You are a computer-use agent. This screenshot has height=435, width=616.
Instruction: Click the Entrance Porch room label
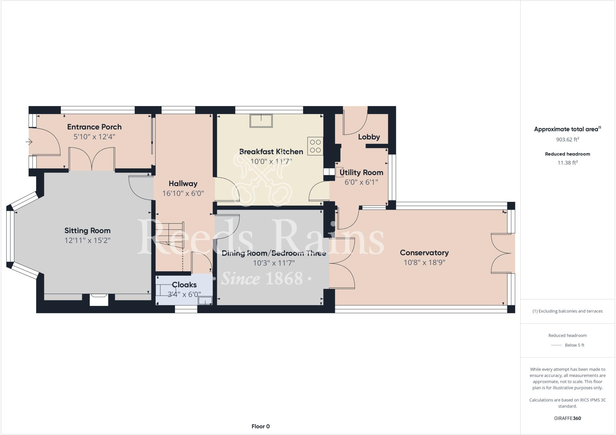point(94,127)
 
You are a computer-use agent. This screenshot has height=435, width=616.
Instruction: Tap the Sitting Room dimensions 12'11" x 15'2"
point(88,240)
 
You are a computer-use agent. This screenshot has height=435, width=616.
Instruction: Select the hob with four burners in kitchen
point(315,146)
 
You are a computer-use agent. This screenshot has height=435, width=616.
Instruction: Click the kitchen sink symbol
point(261,121)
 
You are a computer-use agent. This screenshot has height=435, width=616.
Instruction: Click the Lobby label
point(369,137)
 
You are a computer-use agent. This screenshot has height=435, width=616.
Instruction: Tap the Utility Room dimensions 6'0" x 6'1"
point(361,182)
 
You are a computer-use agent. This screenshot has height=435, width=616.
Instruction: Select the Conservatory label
point(424,253)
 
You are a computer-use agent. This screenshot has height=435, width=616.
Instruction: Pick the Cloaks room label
point(184,285)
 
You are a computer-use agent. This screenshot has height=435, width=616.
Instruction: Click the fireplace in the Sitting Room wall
point(99,300)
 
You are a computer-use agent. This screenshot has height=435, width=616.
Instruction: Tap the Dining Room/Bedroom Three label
point(274,253)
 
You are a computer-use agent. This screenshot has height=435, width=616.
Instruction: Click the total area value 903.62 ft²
point(568,139)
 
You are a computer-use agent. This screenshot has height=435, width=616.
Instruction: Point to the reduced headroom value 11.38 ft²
point(568,163)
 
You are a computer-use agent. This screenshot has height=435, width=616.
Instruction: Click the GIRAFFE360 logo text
point(568,418)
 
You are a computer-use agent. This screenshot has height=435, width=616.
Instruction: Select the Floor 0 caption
point(260,426)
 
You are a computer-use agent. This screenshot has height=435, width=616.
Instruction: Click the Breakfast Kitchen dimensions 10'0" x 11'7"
point(271,162)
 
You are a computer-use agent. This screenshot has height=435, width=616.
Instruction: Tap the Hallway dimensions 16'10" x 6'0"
point(183,193)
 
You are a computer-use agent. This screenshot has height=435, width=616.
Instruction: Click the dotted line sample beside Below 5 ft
point(556,345)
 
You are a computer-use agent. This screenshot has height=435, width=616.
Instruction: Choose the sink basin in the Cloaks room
point(205,301)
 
